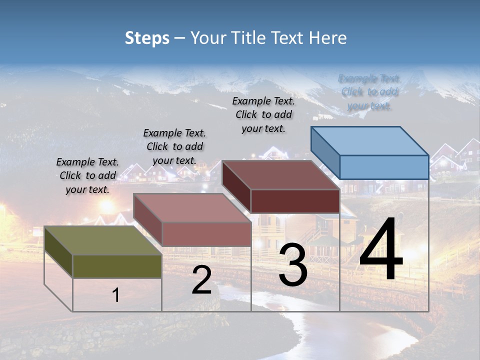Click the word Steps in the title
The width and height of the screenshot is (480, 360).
(146, 38)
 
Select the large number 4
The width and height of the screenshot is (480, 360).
(381, 250)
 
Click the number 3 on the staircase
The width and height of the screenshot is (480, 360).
(293, 265)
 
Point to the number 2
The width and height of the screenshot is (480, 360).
(201, 280)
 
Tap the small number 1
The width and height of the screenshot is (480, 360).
(115, 295)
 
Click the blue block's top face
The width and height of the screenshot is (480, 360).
(370, 140)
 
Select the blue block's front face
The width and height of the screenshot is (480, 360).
(384, 167)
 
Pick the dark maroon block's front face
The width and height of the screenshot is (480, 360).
(295, 201)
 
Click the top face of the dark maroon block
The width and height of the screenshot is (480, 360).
(281, 175)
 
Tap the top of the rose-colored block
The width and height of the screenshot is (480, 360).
(192, 207)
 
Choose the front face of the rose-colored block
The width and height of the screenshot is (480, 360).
(206, 234)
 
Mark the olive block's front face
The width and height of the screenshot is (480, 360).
(117, 266)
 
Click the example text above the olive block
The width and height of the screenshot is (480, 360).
(87, 176)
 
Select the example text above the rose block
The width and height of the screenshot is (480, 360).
(174, 147)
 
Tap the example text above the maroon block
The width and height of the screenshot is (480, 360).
(263, 115)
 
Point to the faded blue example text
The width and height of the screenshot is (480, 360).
(369, 92)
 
